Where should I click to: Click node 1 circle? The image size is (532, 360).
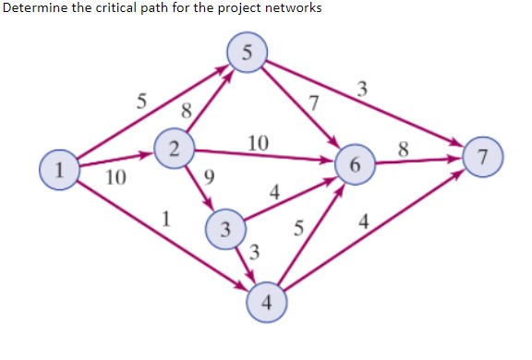(x=58, y=171)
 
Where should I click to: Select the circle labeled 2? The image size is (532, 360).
(x=174, y=146)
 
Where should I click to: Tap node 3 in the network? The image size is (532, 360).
(x=225, y=227)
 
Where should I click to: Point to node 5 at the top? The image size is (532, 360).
(x=247, y=52)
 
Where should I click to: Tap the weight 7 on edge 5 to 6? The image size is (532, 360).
(x=315, y=102)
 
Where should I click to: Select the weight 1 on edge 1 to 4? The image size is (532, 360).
(x=165, y=219)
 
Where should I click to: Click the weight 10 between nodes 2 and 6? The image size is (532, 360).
(x=259, y=142)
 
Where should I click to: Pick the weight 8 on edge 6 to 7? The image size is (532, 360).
(x=403, y=147)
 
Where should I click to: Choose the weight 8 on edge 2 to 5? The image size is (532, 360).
(x=187, y=111)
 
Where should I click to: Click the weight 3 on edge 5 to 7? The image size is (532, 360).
(x=363, y=90)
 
